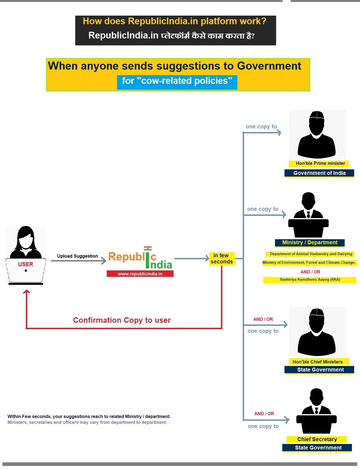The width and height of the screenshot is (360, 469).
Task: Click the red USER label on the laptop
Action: [x=26, y=264]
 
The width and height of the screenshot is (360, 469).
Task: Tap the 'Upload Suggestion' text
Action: [x=77, y=256]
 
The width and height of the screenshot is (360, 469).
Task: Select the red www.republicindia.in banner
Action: [x=140, y=274]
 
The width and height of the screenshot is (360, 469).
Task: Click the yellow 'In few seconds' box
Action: [x=222, y=259]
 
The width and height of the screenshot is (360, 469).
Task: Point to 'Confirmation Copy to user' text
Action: [x=122, y=320]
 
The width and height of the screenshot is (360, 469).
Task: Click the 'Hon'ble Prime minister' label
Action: [x=320, y=163]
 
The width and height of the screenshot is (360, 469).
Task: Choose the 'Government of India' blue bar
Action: [x=319, y=173]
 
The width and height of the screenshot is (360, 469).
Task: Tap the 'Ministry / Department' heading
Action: [x=310, y=243]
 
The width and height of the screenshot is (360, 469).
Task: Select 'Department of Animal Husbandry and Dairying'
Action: [x=311, y=254]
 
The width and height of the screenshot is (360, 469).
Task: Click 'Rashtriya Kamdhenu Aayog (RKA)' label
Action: [x=310, y=280]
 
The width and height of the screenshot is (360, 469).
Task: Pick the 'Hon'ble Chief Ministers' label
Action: [x=317, y=362]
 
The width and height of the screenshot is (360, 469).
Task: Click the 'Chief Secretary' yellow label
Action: [x=317, y=439]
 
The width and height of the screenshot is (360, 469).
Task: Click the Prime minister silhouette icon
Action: [x=317, y=135]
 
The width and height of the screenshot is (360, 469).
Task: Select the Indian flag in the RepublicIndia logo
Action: [x=148, y=248]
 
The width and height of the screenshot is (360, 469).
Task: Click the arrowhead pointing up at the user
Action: [x=26, y=292]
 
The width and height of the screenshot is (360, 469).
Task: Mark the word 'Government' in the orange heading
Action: [x=269, y=66]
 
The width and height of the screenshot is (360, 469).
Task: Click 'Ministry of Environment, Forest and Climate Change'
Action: [x=309, y=262]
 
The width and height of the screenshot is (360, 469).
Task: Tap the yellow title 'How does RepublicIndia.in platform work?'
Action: [x=174, y=21]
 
